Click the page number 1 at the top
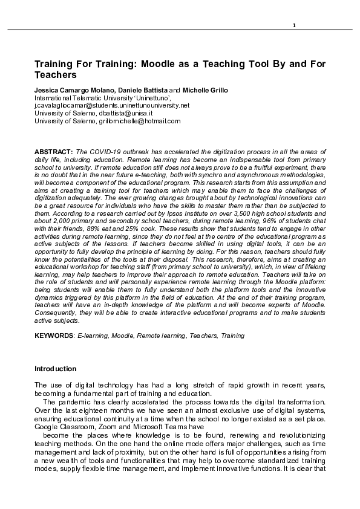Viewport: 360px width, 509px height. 294,25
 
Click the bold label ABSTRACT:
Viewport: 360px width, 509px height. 53,151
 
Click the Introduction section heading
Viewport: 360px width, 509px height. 55,369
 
